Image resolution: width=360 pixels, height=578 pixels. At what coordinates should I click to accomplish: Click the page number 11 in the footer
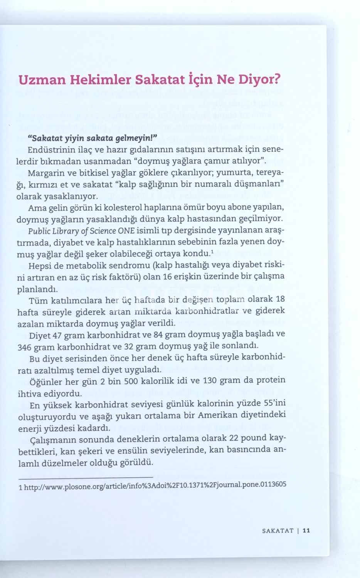(x=306, y=530)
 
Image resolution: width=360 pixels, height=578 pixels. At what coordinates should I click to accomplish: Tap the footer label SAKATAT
(x=278, y=530)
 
